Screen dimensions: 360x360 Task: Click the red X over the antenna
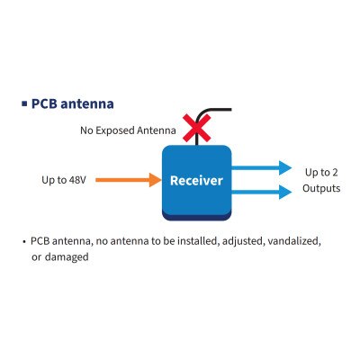192,130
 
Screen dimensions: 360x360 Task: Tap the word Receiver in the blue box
196,181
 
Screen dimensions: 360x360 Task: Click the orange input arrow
125,180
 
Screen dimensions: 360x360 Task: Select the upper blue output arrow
261,168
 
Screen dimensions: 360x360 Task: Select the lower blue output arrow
261,192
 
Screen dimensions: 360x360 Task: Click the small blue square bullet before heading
24,103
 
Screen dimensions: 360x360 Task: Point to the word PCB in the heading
45,103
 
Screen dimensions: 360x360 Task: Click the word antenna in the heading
87,103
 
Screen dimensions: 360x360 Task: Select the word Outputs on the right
321,189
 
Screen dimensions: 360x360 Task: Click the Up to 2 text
321,172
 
